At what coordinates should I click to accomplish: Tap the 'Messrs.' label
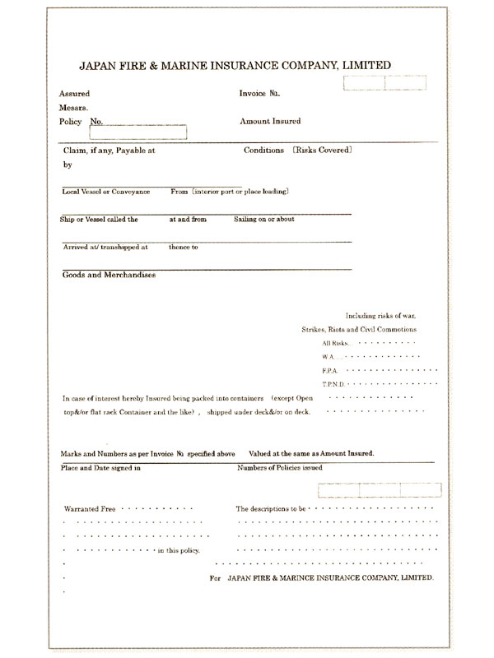tap(74, 108)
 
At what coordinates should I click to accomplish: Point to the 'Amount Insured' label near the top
tap(269, 121)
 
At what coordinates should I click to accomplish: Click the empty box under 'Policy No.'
tap(137, 132)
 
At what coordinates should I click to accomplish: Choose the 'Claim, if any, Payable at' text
tap(109, 151)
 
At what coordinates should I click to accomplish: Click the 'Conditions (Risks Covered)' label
tap(298, 151)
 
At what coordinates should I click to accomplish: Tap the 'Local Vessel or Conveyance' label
tap(105, 192)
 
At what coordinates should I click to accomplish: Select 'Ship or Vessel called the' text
tap(99, 220)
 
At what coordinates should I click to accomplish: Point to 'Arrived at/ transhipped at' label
tap(105, 247)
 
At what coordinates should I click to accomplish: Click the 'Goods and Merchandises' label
tap(109, 275)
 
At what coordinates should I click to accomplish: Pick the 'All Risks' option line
tap(336, 342)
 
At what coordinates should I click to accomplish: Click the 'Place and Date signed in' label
tap(100, 468)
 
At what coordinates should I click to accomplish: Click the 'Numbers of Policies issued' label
tap(279, 468)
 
